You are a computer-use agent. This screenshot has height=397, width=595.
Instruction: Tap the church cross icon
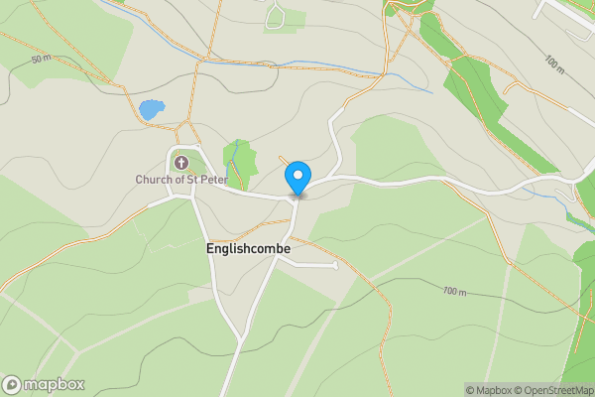coord(181,162)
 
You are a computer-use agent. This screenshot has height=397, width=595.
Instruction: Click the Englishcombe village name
coord(249,249)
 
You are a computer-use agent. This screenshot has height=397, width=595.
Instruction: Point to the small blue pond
coord(151,110)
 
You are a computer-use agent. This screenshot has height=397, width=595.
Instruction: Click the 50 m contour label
coord(41,60)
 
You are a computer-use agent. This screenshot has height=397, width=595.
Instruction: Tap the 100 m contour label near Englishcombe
coord(454,291)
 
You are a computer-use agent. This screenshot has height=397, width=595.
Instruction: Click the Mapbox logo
coord(44,385)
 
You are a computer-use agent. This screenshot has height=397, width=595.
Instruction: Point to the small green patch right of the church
coord(239,159)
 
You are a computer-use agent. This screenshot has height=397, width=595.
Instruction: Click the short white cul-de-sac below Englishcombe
coord(312,265)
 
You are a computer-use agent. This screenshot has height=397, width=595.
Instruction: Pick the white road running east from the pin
coord(416,181)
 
